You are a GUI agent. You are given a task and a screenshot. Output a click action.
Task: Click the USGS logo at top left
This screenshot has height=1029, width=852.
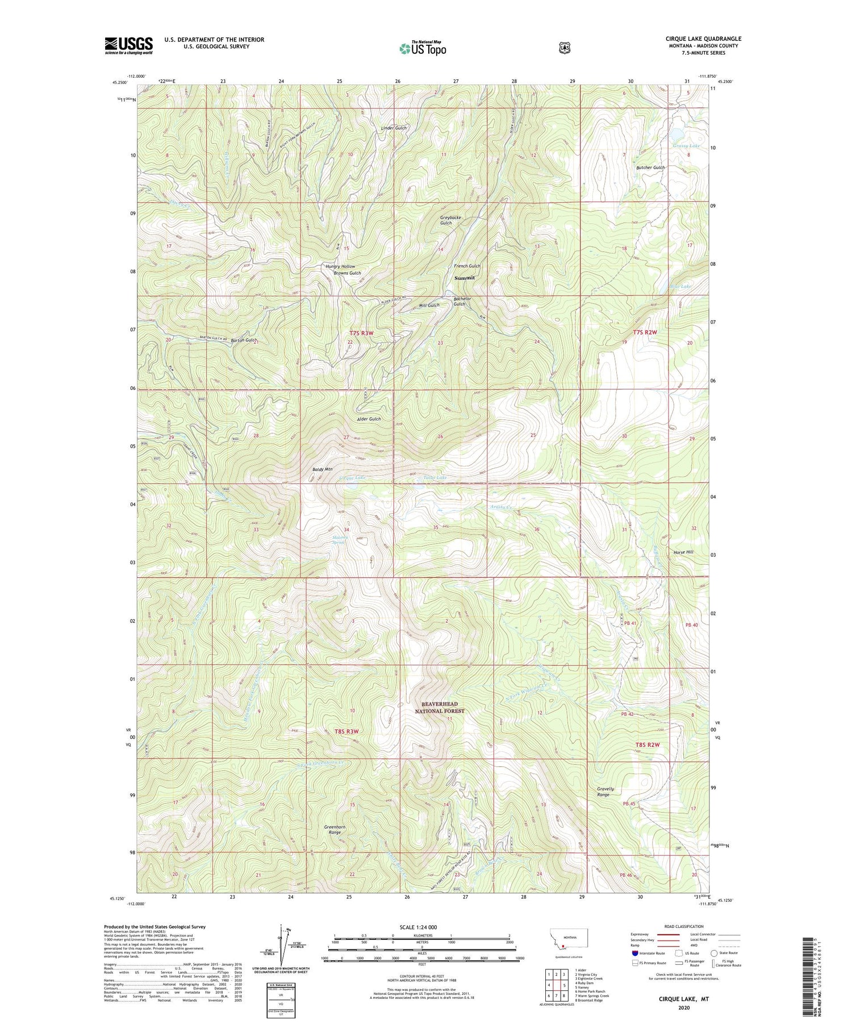(128, 45)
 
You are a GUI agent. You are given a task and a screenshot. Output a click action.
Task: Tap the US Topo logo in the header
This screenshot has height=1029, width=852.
(423, 48)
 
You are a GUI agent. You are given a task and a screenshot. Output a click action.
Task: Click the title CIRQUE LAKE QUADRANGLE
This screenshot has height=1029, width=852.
(703, 39)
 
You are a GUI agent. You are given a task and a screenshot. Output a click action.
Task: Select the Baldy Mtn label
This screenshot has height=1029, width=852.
(323, 469)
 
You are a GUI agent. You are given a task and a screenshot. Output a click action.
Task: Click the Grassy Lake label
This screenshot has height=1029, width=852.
(686, 146)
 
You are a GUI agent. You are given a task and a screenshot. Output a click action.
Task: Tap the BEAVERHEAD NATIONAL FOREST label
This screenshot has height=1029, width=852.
(439, 707)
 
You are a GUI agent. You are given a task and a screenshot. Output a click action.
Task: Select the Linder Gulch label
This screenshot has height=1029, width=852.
(394, 128)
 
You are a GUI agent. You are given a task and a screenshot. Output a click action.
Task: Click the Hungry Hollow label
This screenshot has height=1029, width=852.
(340, 266)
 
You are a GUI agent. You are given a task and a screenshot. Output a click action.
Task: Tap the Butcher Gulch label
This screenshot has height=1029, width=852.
(650, 167)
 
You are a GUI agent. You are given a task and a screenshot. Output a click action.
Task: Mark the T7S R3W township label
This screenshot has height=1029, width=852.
(361, 333)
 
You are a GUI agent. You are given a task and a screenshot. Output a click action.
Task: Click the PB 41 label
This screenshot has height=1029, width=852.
(631, 623)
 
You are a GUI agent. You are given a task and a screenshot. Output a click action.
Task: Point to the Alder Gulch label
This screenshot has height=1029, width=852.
(369, 419)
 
